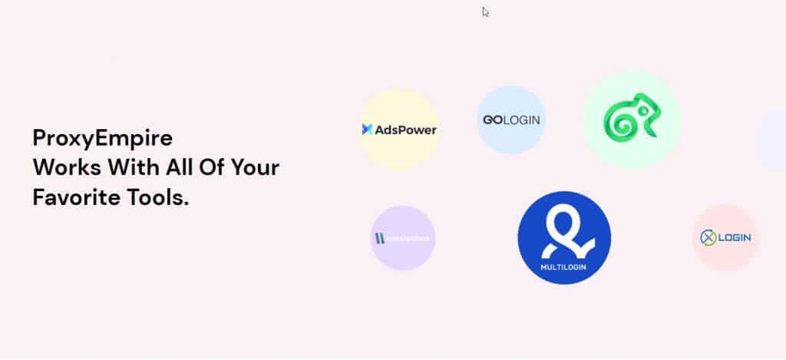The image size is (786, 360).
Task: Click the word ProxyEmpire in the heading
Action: [103, 139]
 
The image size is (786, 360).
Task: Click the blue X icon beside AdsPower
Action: [367, 130]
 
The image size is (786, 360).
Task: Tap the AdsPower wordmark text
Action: [405, 130]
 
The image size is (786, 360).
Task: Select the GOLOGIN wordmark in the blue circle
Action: [511, 121]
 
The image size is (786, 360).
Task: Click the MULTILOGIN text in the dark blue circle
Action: [564, 268]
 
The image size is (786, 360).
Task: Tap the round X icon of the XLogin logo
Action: [708, 238]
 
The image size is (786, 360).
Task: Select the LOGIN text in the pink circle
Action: [735, 238]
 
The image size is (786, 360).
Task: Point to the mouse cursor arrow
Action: [485, 12]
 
